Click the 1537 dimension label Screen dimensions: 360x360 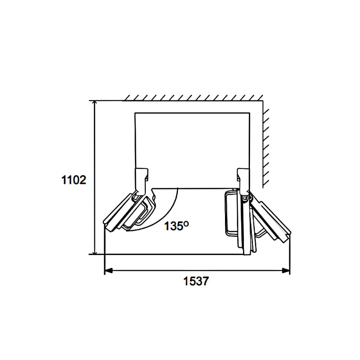pyautogui.click(x=196, y=281)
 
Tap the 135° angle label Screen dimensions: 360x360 pyautogui.click(x=176, y=226)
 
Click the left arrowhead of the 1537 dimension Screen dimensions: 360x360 pyautogui.click(x=108, y=271)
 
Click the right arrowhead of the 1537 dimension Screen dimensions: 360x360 pyautogui.click(x=286, y=271)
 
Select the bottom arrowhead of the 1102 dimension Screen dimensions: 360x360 pyautogui.click(x=94, y=251)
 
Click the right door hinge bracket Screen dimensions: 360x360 pyautogui.click(x=243, y=181)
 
